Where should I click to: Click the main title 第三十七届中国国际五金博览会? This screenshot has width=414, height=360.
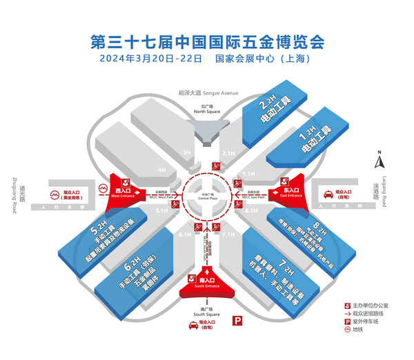(207, 40)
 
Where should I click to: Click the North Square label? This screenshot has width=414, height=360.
(206, 109)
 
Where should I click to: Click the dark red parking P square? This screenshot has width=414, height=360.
(238, 320)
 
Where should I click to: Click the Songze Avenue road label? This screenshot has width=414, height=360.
(206, 92)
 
